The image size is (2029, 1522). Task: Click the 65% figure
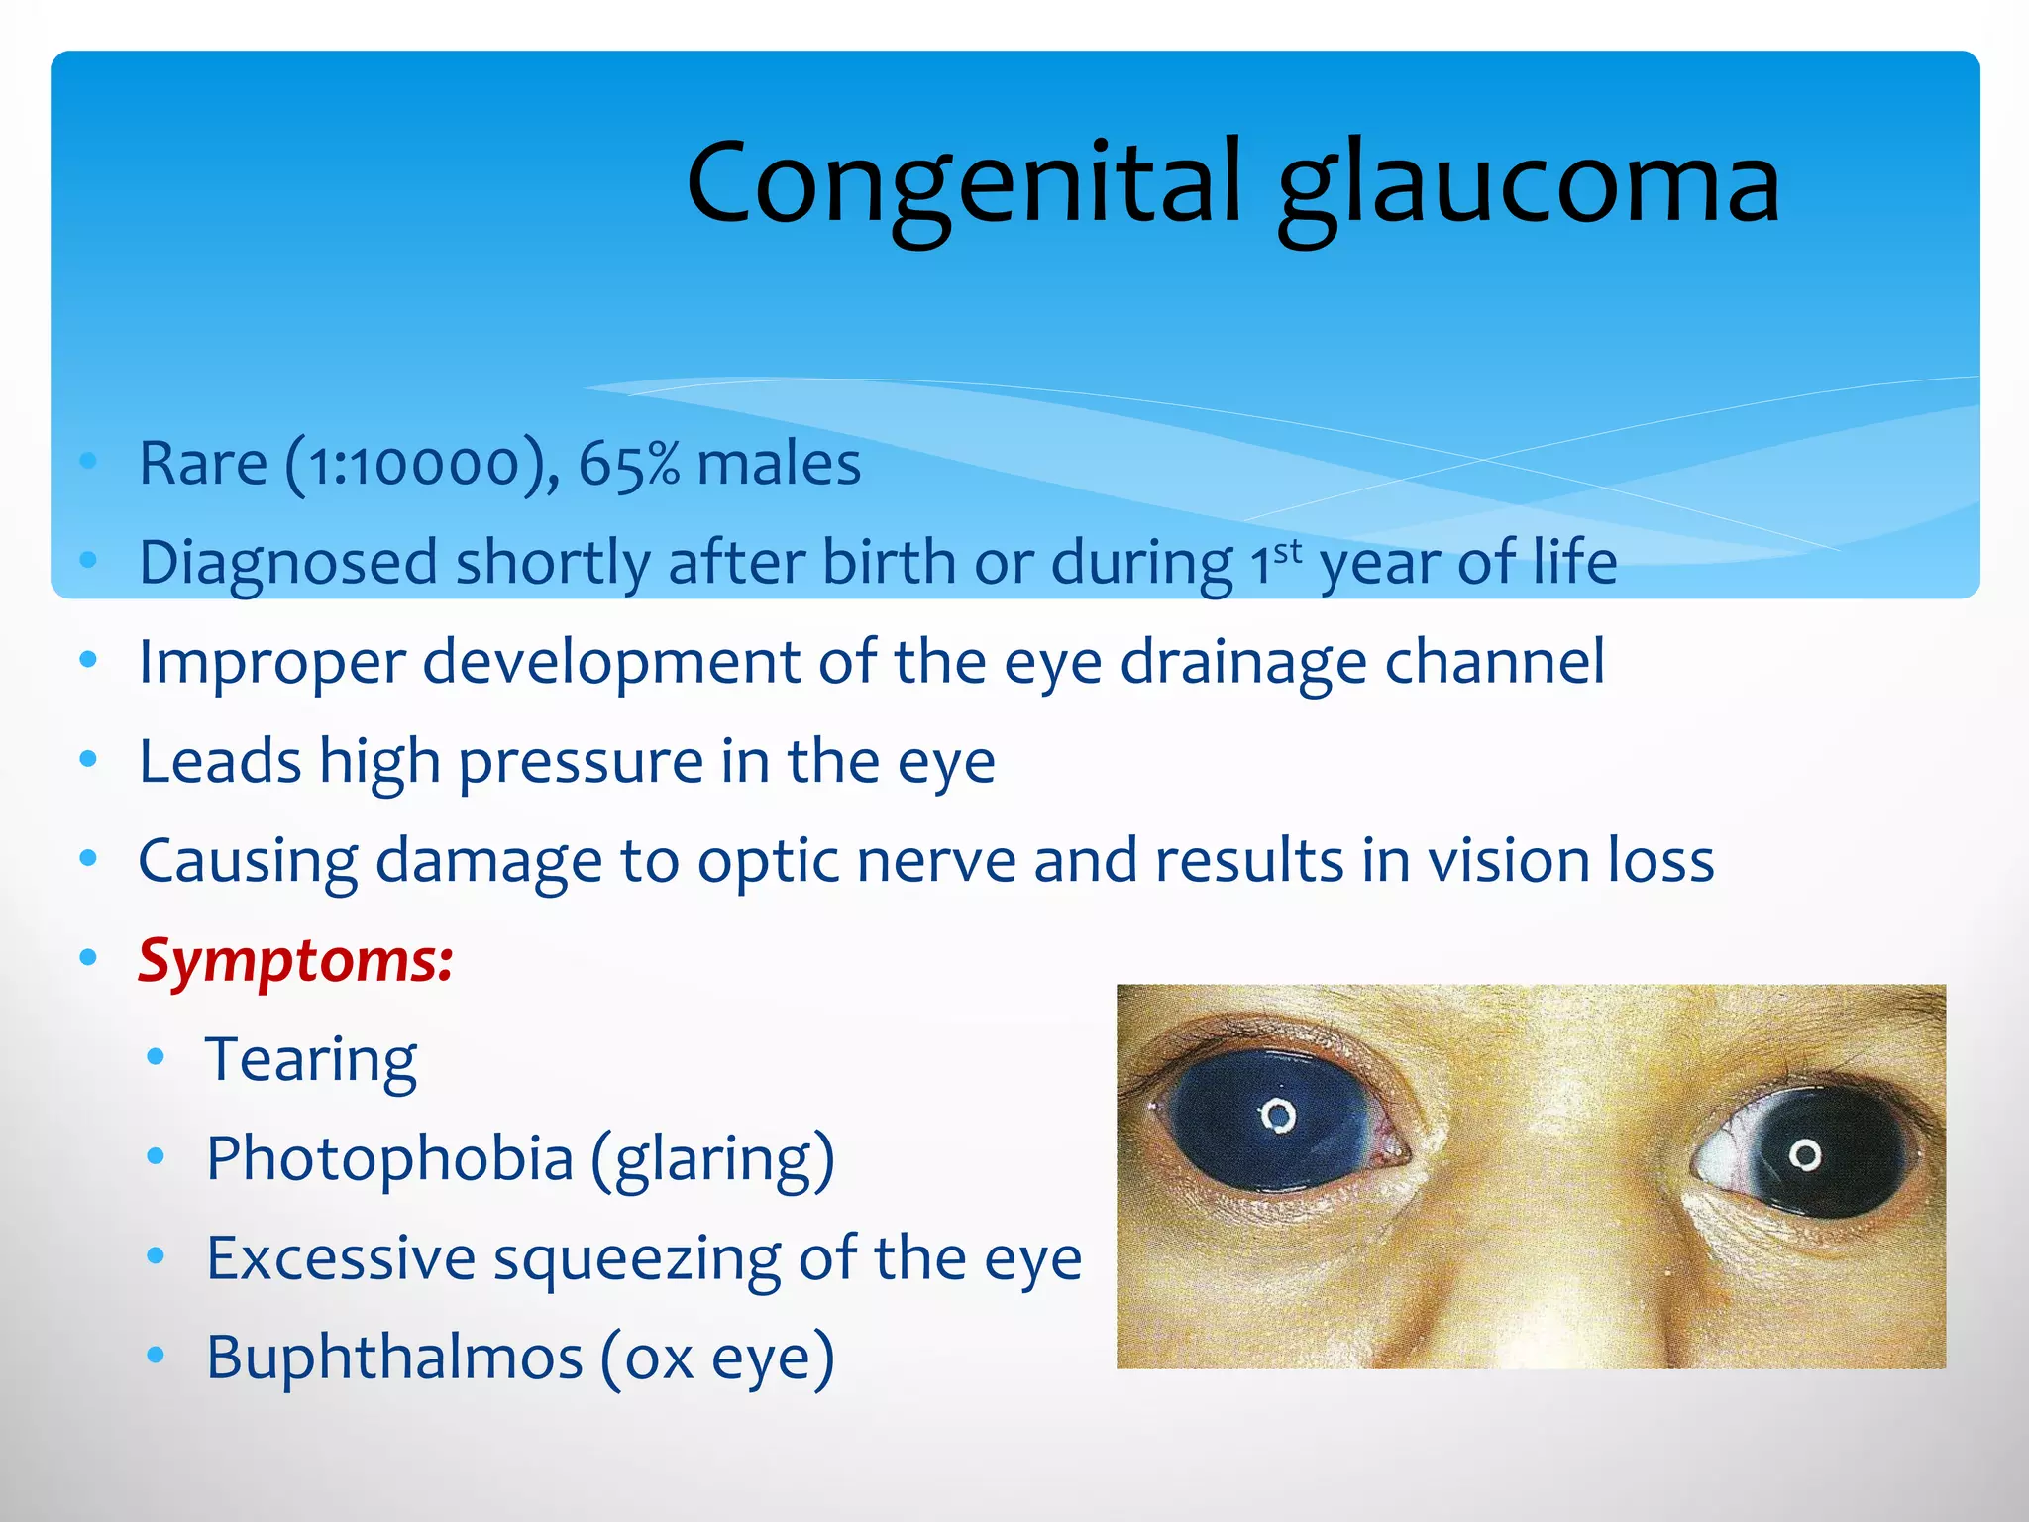tap(628, 464)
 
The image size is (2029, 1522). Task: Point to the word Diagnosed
tap(287, 563)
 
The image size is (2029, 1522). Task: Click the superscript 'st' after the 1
tap(1287, 551)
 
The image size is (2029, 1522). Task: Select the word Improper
tap(271, 662)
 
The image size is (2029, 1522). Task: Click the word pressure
tap(581, 762)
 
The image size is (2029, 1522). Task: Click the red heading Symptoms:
tap(295, 960)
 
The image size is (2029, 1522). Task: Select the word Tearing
tap(310, 1060)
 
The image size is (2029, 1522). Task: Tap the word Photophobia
tap(389, 1158)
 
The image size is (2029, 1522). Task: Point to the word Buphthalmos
tap(393, 1357)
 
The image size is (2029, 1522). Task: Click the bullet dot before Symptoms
tap(89, 957)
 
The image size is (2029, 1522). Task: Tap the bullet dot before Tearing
tap(156, 1057)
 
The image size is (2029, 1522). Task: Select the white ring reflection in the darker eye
tap(1805, 1154)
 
